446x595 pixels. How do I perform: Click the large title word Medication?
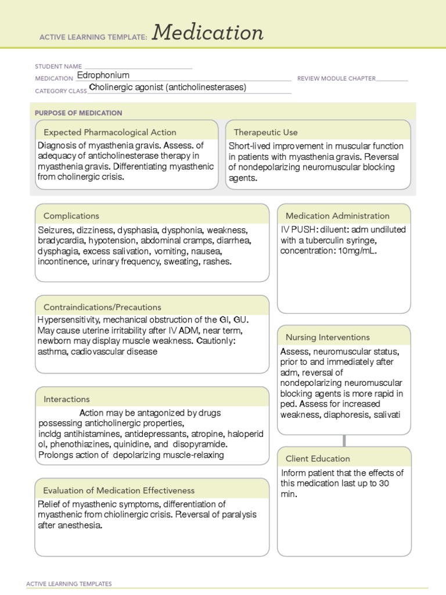click(208, 33)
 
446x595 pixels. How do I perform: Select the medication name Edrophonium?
click(103, 76)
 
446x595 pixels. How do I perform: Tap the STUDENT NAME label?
click(59, 67)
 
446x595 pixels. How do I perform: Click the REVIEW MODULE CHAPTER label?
click(336, 78)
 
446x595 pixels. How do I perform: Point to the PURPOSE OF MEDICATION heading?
click(78, 113)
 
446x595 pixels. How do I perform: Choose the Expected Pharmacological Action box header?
click(110, 132)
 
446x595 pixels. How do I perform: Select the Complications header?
click(71, 216)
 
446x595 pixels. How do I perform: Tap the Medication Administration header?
click(337, 216)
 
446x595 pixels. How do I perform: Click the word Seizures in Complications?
click(55, 230)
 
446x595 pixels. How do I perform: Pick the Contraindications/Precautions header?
click(102, 307)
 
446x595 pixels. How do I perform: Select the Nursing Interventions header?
click(328, 337)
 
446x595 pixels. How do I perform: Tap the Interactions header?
click(67, 399)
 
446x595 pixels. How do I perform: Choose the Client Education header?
click(318, 458)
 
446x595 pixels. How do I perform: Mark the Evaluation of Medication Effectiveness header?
click(119, 490)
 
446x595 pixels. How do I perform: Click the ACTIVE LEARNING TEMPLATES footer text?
click(69, 584)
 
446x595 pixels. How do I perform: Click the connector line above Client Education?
click(344, 440)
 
